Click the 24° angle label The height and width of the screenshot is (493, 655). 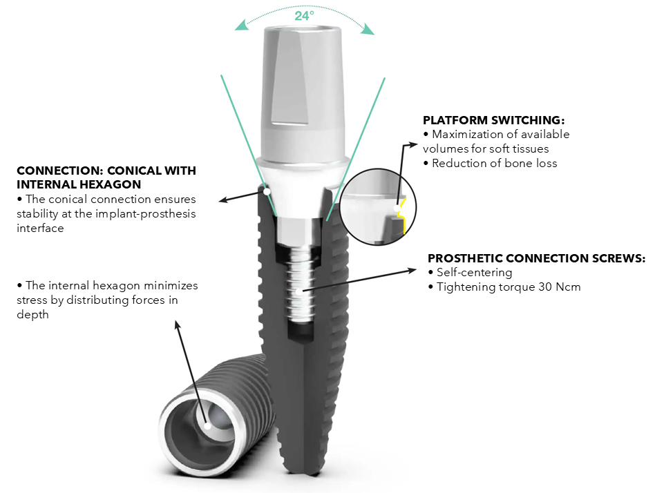click(304, 16)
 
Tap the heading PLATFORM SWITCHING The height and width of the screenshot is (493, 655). click(493, 120)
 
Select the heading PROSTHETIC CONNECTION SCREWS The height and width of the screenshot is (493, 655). click(536, 258)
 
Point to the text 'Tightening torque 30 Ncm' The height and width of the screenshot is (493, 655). click(509, 287)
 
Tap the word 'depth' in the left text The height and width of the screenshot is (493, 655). click(32, 315)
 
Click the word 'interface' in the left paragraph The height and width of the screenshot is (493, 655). click(40, 229)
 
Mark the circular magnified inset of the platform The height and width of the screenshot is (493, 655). click(378, 206)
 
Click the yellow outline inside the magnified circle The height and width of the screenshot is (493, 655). click(403, 215)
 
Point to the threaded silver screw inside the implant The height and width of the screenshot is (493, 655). click(299, 284)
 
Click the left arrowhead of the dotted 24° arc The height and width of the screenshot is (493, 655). click(241, 26)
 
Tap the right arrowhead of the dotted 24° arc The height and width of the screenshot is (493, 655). click(368, 29)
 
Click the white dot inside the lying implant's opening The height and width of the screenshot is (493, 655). click(207, 426)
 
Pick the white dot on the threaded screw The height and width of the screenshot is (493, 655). click(299, 291)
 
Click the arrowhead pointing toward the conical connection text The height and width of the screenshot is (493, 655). click(224, 200)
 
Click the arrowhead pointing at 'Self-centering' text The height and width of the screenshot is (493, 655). click(412, 271)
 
